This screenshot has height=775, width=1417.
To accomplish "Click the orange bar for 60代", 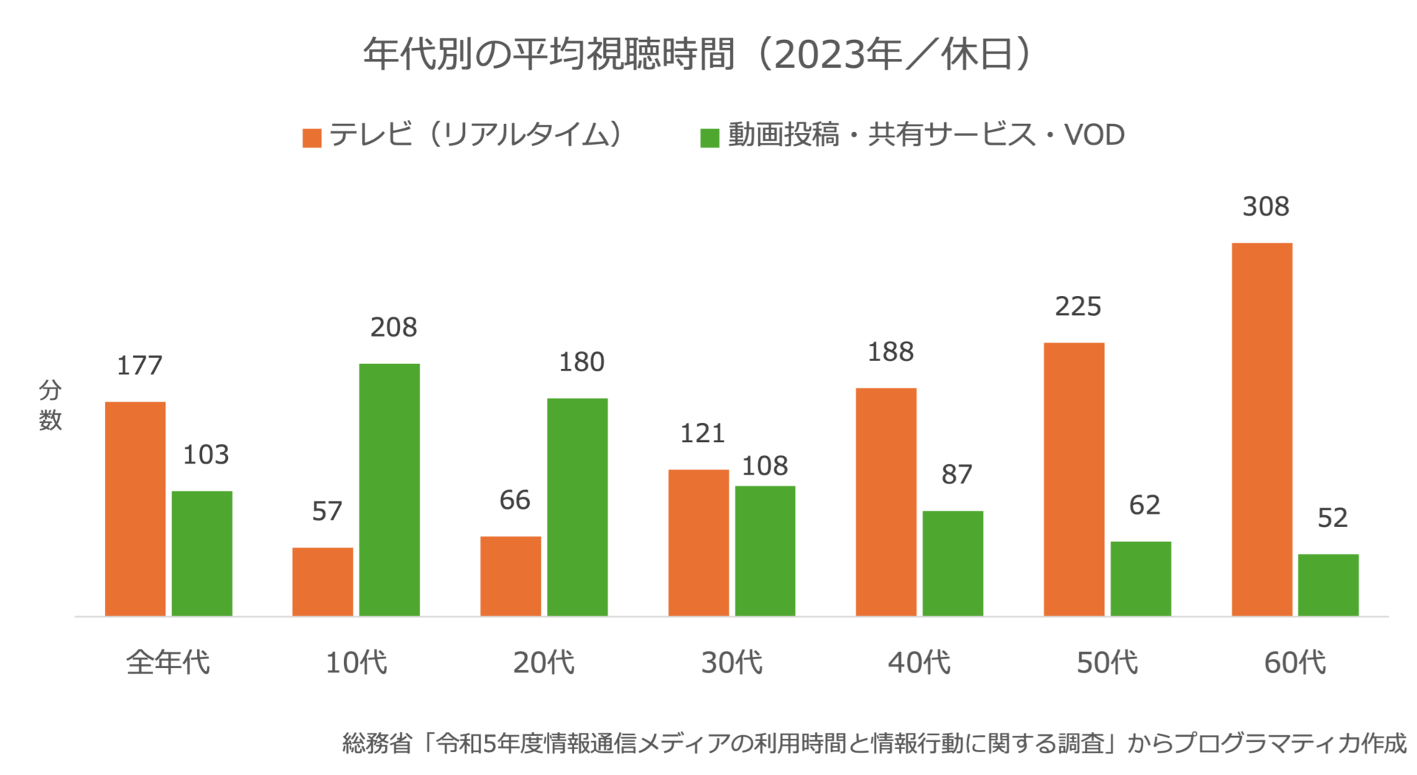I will tap(1261, 429).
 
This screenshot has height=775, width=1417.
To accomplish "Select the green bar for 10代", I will tap(389, 489).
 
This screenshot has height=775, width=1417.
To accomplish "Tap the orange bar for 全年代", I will tap(135, 509).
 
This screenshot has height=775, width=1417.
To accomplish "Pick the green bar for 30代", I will tap(765, 551).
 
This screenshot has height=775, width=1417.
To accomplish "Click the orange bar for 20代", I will tap(510, 576).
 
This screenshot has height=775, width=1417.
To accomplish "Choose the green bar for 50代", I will tap(1140, 579).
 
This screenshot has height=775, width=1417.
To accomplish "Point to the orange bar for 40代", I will tap(886, 502).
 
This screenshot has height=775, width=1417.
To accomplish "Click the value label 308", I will tap(1266, 207).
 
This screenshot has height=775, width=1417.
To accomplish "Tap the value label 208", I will tap(393, 327).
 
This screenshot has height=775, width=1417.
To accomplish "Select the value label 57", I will tap(327, 511).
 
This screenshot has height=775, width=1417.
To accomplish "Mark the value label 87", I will tap(956, 474).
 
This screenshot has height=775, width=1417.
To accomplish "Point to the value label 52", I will tap(1332, 517).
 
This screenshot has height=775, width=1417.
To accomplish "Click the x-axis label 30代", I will tap(731, 662).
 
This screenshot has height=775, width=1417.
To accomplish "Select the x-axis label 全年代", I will tap(168, 662).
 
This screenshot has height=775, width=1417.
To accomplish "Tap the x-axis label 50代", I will tap(1107, 662).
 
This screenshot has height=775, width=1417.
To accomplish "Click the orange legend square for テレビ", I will tap(311, 138).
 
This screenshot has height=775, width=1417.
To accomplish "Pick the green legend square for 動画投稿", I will tap(709, 138).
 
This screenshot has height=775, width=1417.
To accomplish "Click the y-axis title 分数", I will tap(50, 405).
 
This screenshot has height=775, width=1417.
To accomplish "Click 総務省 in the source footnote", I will tap(376, 743).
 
